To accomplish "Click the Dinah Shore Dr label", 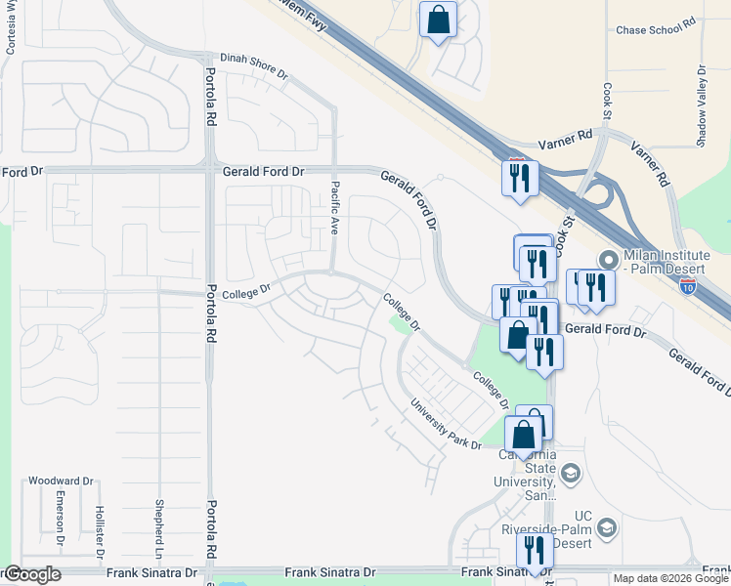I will (253, 66).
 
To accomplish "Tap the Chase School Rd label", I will (655, 29).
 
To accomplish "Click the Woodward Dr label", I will (60, 481).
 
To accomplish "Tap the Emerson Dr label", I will (60, 522).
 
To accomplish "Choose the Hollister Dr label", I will (99, 527).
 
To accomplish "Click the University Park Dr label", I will (446, 423).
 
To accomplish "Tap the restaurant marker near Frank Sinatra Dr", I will (535, 551).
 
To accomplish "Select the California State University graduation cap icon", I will (570, 475).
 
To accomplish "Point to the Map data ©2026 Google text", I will (669, 578).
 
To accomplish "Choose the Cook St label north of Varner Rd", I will (607, 102).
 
